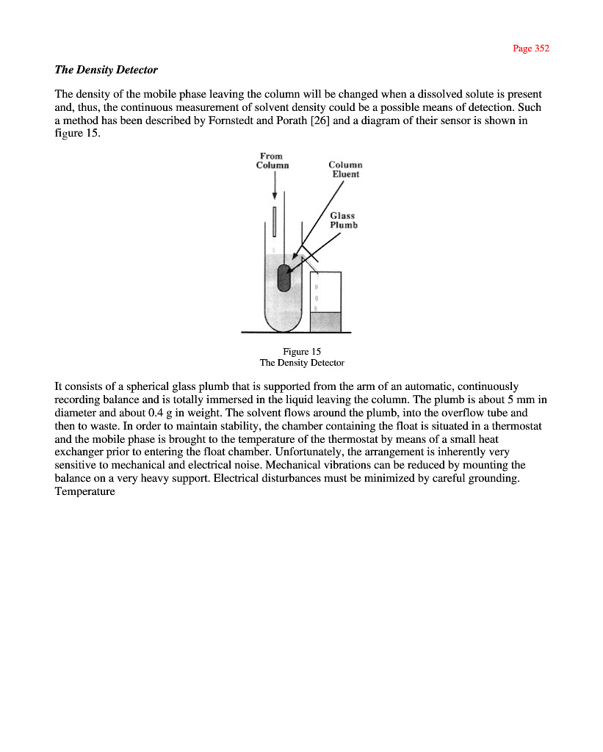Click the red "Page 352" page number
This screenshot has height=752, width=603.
point(530,48)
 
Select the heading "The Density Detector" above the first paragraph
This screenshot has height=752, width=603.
point(106,70)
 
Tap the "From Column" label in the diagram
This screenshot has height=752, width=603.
point(272,160)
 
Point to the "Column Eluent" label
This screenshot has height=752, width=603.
point(344,170)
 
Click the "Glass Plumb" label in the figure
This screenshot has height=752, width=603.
point(343,220)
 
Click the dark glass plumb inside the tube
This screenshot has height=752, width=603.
point(284,277)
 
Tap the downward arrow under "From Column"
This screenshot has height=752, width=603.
point(275,188)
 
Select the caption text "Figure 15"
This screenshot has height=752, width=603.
point(302,352)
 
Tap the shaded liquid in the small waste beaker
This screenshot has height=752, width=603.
point(325,322)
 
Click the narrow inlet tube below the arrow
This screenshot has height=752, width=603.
point(275,221)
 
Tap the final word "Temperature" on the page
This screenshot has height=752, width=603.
point(84,491)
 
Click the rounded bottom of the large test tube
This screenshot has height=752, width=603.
point(284,323)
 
